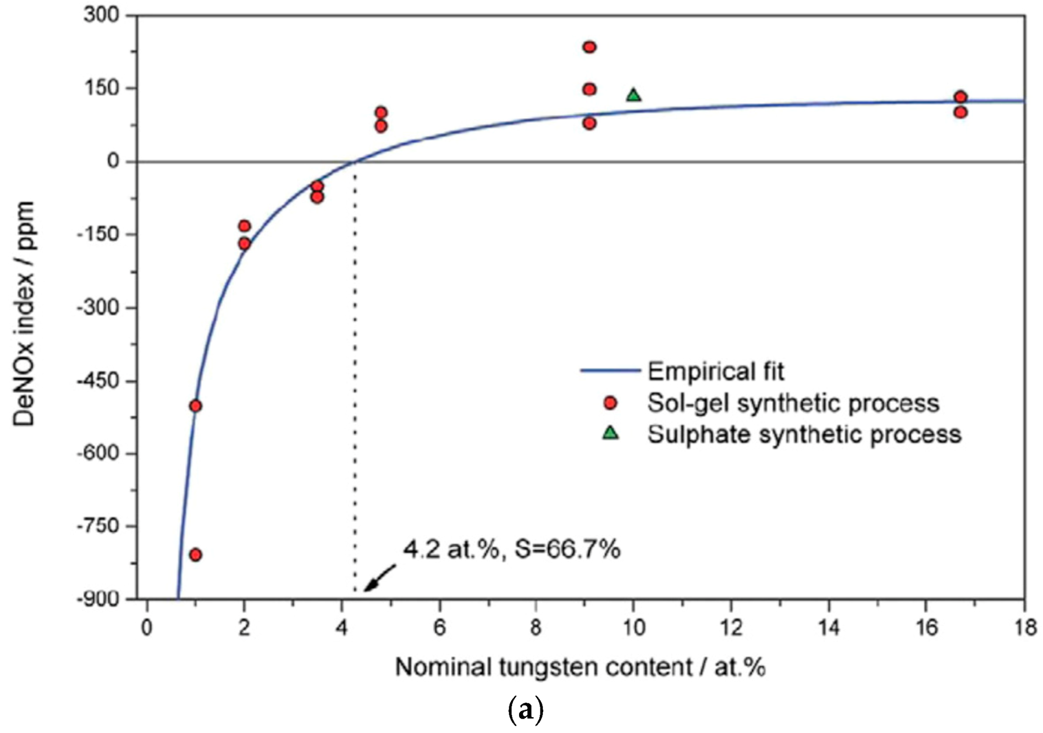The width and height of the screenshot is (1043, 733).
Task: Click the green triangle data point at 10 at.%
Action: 633,96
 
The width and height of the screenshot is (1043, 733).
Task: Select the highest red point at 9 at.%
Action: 589,47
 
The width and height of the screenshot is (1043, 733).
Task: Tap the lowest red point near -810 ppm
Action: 195,555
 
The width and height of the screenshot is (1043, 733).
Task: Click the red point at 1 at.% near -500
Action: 195,406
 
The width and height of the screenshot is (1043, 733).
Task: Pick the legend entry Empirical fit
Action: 715,371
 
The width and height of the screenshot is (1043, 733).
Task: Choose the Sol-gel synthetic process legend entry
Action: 792,403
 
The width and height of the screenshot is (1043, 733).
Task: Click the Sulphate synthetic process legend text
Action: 804,435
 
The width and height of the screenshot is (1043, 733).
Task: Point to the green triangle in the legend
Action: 610,434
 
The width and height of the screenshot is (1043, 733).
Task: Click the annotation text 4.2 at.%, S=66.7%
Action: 511,549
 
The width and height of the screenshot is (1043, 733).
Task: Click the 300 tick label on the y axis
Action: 101,15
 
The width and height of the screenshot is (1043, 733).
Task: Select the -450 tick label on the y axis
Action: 98,381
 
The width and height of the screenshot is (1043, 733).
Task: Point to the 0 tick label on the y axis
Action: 113,161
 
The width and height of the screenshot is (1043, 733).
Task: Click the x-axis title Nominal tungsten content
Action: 580,668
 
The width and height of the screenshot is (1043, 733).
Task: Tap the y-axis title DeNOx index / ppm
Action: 24,313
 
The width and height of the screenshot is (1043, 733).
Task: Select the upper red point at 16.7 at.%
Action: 961,97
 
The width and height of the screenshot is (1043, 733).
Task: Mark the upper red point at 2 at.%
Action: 244,226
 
